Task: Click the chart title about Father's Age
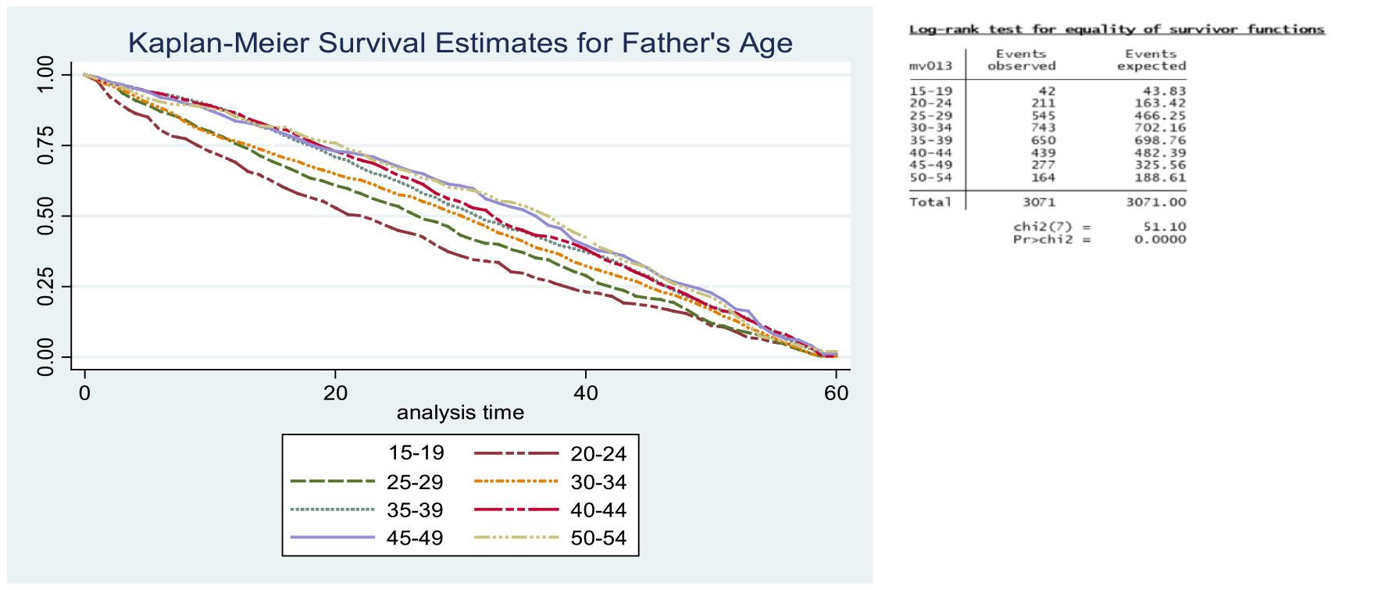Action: [x=460, y=43]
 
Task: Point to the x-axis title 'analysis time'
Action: [x=460, y=413]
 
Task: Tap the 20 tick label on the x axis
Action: [x=335, y=393]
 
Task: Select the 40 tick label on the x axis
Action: [x=586, y=393]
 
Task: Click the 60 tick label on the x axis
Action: [x=836, y=393]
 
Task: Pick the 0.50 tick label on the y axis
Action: [x=45, y=216]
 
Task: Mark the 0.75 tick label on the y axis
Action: [x=45, y=145]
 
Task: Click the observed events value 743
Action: [x=1043, y=128]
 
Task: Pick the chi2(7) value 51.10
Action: [x=1165, y=227]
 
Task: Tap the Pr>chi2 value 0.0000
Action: [x=1160, y=239]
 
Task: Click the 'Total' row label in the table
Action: [x=930, y=202]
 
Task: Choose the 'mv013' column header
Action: [x=930, y=66]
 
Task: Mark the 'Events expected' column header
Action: [x=1151, y=60]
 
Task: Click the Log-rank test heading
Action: [x=1116, y=30]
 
